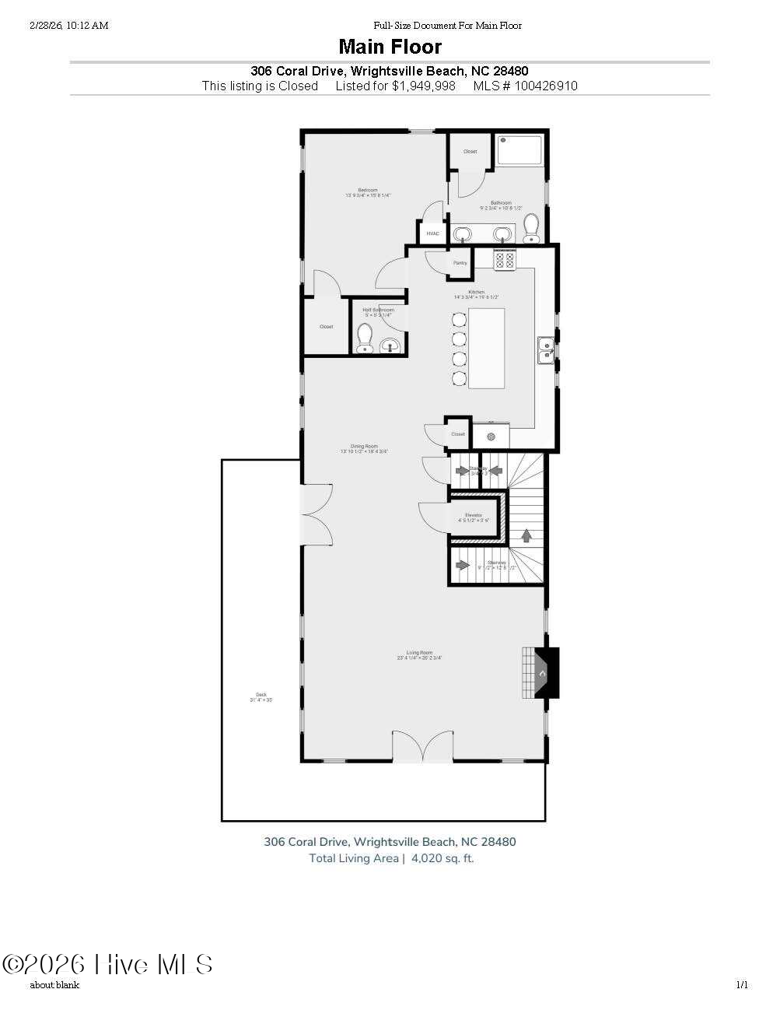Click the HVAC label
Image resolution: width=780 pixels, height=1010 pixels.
(x=432, y=233)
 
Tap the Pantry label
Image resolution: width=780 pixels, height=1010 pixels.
(x=460, y=263)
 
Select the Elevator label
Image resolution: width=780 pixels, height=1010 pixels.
(x=474, y=516)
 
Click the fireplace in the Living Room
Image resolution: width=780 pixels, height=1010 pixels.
(x=542, y=673)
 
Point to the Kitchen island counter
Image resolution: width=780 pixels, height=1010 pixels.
(x=486, y=348)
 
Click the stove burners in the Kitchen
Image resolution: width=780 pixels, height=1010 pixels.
(x=505, y=260)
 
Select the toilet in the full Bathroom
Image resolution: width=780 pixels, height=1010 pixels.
(x=532, y=228)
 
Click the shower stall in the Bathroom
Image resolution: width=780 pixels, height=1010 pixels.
(x=521, y=151)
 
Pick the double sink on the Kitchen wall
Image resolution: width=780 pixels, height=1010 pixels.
(x=546, y=350)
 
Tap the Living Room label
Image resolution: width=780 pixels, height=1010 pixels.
(x=419, y=653)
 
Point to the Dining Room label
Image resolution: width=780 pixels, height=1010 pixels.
(x=364, y=447)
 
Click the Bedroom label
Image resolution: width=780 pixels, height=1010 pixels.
(x=368, y=191)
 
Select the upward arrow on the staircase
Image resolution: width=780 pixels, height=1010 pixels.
(x=526, y=535)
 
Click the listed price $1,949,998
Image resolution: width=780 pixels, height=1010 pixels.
(x=423, y=86)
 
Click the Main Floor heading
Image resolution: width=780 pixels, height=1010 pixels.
(x=390, y=47)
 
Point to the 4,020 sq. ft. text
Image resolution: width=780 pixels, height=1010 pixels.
(x=442, y=859)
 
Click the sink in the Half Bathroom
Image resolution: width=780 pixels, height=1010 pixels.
(x=390, y=345)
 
